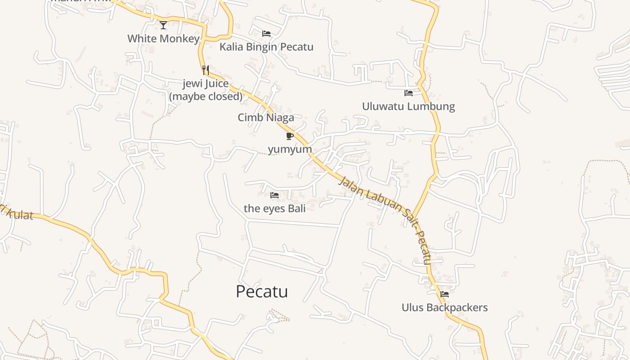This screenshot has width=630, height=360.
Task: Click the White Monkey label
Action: tap(163, 39)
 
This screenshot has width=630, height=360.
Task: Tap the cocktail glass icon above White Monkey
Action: tap(163, 25)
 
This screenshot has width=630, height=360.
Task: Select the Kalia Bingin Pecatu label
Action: tap(266, 47)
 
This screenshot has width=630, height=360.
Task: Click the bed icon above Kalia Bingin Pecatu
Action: tap(266, 34)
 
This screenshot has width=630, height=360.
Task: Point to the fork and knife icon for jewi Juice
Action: tap(206, 70)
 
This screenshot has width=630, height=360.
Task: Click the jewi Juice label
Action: tap(206, 84)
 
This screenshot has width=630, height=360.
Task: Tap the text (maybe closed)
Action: tap(206, 96)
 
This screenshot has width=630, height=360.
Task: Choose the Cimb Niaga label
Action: tap(266, 118)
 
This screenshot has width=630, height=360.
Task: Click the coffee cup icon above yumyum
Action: tap(290, 136)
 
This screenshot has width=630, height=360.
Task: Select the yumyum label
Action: tap(290, 149)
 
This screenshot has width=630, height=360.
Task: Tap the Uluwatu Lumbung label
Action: tap(409, 107)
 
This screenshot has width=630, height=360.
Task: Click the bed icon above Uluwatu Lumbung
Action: tap(409, 93)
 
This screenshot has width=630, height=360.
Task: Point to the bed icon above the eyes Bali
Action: tap(274, 195)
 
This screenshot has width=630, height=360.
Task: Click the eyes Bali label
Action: tap(274, 208)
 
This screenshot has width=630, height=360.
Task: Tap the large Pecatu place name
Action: tap(262, 292)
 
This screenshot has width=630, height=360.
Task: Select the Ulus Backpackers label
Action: tap(445, 308)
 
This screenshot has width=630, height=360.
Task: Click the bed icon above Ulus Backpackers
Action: tap(445, 294)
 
